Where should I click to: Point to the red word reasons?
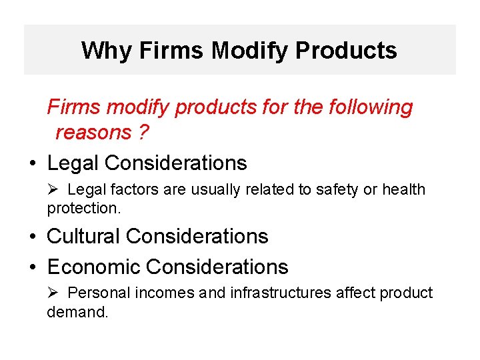pyautogui.click(x=93, y=133)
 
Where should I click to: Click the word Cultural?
pyautogui.click(x=84, y=237)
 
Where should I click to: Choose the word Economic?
pyautogui.click(x=94, y=267)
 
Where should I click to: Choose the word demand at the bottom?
pyautogui.click(x=76, y=312)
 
